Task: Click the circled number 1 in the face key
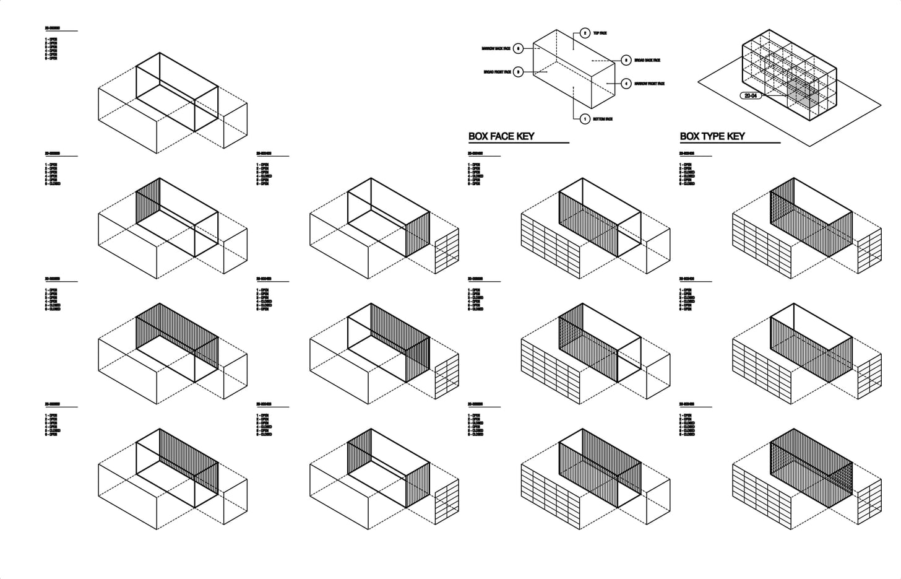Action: pyautogui.click(x=585, y=119)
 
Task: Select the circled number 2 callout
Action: pyautogui.click(x=585, y=33)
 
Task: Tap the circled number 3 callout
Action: pyautogui.click(x=519, y=72)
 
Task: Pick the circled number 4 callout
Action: pyautogui.click(x=626, y=84)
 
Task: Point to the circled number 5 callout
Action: pyautogui.click(x=626, y=60)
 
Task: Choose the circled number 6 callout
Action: pyautogui.click(x=519, y=48)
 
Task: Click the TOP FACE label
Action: pyautogui.click(x=600, y=33)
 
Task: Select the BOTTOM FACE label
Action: pyautogui.click(x=603, y=119)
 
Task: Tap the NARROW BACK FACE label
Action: pyautogui.click(x=496, y=48)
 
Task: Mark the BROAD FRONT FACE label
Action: pyautogui.click(x=498, y=72)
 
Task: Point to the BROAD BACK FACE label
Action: pyautogui.click(x=647, y=60)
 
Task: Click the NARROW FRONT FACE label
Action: pyautogui.click(x=649, y=84)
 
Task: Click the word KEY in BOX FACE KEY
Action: pyautogui.click(x=522, y=136)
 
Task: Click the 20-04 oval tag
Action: pyautogui.click(x=751, y=96)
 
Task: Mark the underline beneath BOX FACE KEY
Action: pyautogui.click(x=519, y=143)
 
